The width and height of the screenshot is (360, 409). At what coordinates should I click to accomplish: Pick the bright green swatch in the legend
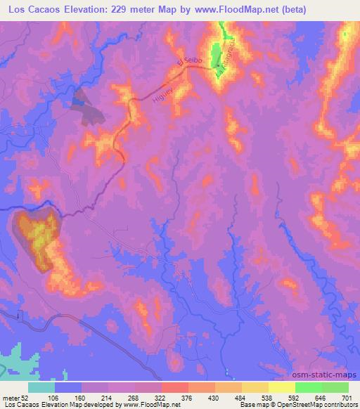[308, 387]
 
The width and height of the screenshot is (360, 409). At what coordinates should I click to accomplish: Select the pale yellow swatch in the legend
[281, 387]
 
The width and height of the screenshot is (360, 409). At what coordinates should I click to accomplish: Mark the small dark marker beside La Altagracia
[217, 76]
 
